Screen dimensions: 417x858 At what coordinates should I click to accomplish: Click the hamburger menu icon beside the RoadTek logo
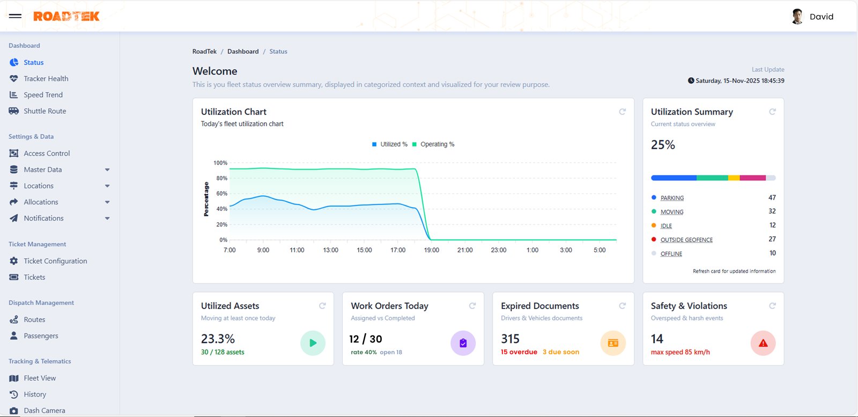(15, 16)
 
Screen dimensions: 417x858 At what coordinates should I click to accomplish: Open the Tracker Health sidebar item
(46, 78)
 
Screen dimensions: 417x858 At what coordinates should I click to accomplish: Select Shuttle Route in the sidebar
(45, 111)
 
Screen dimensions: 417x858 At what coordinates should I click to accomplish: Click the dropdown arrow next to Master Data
(107, 170)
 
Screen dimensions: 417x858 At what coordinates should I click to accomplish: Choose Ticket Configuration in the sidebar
(55, 261)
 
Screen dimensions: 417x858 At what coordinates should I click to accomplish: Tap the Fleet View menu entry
(39, 378)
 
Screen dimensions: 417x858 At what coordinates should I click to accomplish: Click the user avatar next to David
(797, 16)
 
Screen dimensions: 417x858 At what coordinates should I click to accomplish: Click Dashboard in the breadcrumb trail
(242, 52)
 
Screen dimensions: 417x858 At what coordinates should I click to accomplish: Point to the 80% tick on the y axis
(221, 178)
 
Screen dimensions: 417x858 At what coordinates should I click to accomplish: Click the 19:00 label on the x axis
(431, 250)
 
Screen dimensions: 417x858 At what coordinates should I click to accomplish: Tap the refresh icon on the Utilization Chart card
(622, 112)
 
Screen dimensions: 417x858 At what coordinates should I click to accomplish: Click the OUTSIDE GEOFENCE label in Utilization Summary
(686, 240)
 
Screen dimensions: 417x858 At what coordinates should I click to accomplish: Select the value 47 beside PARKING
(772, 197)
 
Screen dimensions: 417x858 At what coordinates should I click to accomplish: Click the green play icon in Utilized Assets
(313, 343)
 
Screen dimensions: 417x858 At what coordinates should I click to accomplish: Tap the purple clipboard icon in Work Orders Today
(463, 343)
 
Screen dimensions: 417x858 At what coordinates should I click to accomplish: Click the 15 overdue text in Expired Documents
(519, 352)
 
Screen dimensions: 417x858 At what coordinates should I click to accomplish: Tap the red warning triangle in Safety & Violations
(763, 343)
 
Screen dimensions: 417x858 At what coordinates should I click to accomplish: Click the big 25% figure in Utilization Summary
(663, 145)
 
